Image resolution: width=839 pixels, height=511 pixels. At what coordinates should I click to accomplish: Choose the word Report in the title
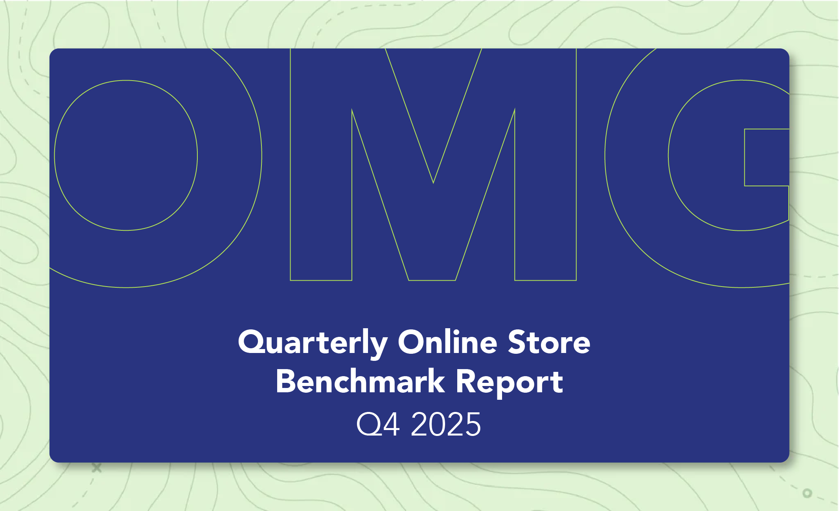click(x=510, y=383)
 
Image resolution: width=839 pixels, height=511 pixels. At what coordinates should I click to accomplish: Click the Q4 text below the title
click(x=378, y=424)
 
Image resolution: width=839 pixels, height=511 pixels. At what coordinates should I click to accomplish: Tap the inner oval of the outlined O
click(x=54, y=155)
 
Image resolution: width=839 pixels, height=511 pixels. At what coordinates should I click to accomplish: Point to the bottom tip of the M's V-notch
click(x=433, y=183)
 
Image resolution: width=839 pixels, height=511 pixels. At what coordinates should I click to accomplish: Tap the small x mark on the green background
click(x=97, y=468)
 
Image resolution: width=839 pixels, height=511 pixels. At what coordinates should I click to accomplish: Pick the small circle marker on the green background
click(x=807, y=493)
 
